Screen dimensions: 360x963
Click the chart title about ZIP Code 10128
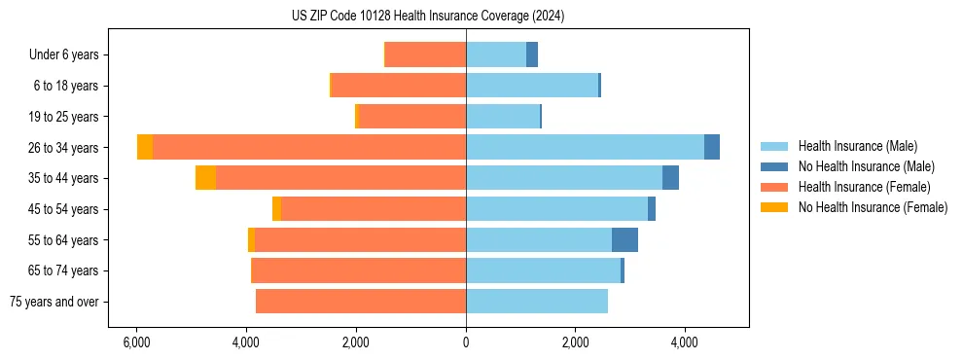(x=427, y=17)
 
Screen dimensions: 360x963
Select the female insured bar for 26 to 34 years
(x=309, y=147)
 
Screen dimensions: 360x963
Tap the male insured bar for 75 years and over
(x=537, y=302)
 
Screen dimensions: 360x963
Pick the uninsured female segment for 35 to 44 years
(x=205, y=178)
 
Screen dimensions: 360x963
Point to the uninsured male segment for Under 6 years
(x=532, y=54)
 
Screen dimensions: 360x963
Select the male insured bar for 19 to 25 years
(x=503, y=117)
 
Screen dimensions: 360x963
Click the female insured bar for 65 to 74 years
(x=359, y=270)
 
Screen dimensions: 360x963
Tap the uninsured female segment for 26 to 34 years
(x=145, y=147)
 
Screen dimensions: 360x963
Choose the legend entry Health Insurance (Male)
(x=855, y=146)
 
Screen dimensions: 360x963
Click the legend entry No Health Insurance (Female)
(x=873, y=207)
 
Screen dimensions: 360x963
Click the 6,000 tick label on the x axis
(x=136, y=342)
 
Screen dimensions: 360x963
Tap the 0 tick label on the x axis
(x=466, y=342)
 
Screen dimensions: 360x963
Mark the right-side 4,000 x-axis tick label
(x=685, y=342)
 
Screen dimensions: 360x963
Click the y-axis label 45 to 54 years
(x=64, y=209)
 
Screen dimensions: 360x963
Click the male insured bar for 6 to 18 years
(x=532, y=86)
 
